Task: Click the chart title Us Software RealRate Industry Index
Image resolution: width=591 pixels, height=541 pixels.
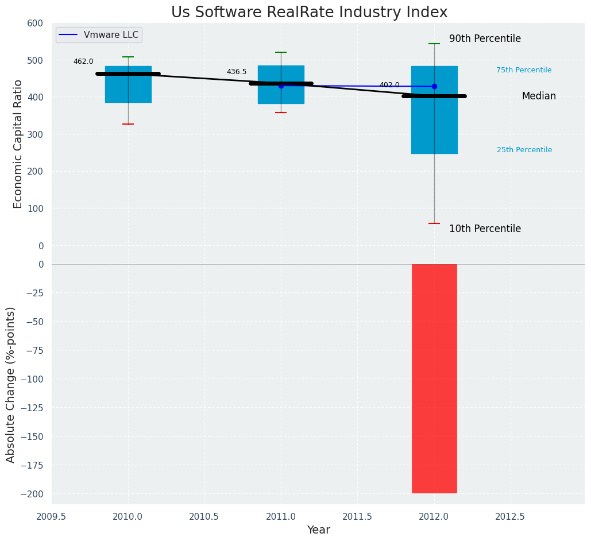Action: [309, 13]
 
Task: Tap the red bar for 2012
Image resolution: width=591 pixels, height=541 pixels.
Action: [434, 378]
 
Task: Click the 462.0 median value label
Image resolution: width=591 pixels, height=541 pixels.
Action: [83, 62]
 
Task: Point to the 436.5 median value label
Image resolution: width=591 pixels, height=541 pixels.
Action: [237, 72]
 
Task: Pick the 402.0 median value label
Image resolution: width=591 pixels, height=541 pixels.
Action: [389, 86]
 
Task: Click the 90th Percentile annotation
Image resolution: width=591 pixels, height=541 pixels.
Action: [485, 39]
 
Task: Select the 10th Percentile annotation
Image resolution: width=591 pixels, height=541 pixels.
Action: [485, 229]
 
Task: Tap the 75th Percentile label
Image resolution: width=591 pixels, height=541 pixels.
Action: [524, 71]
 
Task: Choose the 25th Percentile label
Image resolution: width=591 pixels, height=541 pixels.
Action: [524, 150]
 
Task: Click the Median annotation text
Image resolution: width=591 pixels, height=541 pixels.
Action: [539, 96]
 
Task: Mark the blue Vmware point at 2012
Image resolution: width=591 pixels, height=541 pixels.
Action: [434, 87]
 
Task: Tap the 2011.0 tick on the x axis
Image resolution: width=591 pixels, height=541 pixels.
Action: [281, 517]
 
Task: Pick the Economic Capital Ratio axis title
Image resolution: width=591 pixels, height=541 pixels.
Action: [18, 144]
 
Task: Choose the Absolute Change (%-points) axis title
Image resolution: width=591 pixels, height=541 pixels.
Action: [11, 384]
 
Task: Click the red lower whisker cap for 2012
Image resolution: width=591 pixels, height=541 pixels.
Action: [434, 223]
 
